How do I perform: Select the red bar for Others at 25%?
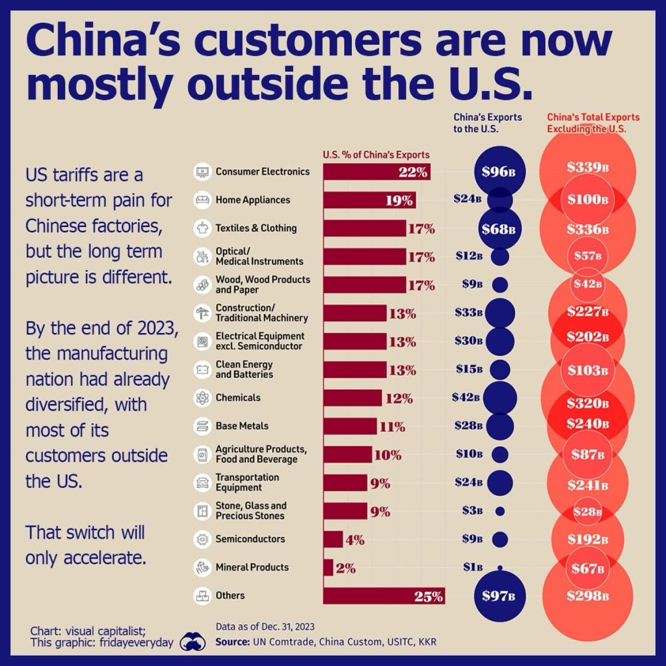384,596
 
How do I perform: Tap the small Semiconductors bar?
332,539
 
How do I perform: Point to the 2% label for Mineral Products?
346,568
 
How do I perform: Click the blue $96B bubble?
499,172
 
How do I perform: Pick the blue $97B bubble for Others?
499,596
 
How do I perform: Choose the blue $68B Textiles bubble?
499,229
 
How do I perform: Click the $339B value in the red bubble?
587,167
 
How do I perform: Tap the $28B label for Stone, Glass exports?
587,511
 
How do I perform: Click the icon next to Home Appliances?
202,200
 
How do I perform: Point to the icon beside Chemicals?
202,397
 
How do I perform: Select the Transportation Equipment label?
238,483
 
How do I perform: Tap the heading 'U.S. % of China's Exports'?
376,155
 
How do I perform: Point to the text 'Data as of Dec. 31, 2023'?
265,627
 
